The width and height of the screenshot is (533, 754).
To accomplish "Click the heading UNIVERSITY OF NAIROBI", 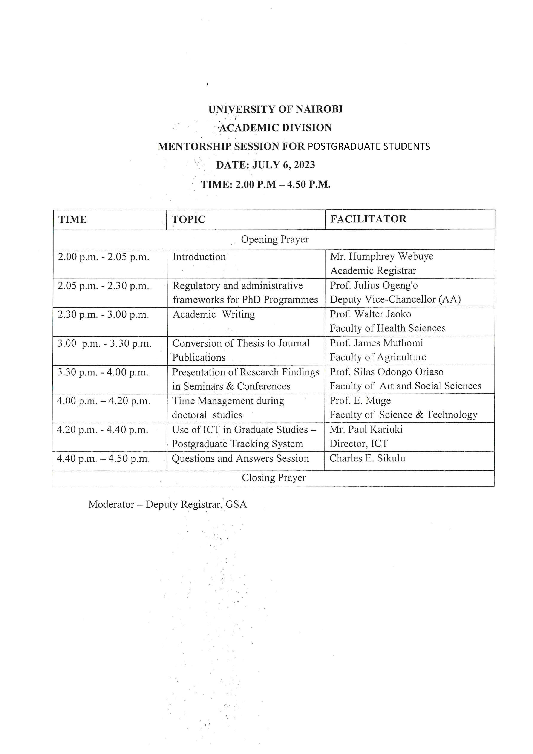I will coord(275,109).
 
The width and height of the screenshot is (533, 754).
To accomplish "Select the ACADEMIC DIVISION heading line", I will coord(275,128).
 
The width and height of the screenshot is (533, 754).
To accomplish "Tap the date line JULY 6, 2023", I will coord(265,165).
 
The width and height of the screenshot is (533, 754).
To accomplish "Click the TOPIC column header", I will coord(188,219).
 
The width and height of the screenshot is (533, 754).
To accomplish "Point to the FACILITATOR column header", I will coord(368,219).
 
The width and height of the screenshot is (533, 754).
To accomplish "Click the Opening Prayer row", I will coord(274,239).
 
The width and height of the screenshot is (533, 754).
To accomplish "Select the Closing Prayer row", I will coord(274,478).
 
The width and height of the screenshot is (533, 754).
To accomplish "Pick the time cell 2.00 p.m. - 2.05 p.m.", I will coord(103,257).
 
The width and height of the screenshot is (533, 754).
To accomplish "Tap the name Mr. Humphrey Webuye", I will coord(382,256).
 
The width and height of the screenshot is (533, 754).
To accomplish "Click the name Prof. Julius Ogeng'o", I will coord(374,285).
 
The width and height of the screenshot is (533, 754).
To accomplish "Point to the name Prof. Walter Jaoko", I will coord(371,314).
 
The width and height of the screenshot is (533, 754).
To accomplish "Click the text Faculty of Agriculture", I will coord(378,357).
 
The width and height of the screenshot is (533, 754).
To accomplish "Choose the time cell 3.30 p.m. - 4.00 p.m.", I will coord(103,372).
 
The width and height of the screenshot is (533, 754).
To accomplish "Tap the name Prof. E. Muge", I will coord(360,401).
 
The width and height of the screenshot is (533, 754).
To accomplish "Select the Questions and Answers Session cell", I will coord(240,458).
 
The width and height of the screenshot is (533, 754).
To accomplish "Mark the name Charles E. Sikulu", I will coord(367,458).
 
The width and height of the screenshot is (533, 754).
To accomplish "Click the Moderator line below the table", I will coord(167,504).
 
